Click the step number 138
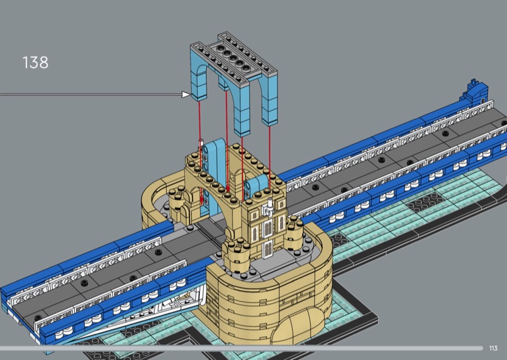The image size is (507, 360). pyautogui.click(x=35, y=62)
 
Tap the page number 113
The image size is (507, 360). pyautogui.click(x=493, y=349)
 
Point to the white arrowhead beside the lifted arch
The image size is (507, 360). pyautogui.click(x=186, y=94)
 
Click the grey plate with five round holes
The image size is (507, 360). pyautogui.click(x=233, y=59)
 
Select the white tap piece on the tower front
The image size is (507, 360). pyautogui.click(x=268, y=208)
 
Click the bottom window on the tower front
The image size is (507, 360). pyautogui.click(x=268, y=250)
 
